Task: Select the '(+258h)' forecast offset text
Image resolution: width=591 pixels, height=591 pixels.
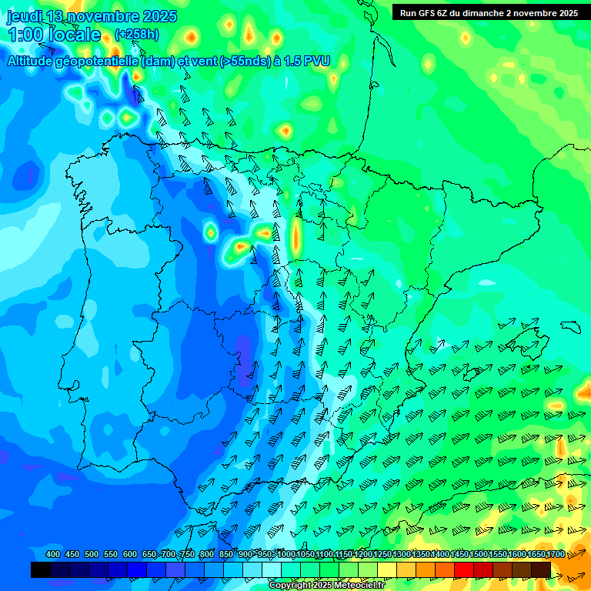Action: [x=136, y=35]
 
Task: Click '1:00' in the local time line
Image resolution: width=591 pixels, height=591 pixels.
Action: [x=25, y=35]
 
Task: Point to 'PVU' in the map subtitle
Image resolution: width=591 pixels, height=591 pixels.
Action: [x=316, y=61]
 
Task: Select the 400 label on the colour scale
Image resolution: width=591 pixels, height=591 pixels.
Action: [x=53, y=554]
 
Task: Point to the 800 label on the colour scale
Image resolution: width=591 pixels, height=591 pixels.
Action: [x=206, y=554]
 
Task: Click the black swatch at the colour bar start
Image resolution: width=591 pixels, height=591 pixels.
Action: [x=41, y=569]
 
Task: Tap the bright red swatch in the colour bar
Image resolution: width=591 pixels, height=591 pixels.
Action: [x=464, y=569]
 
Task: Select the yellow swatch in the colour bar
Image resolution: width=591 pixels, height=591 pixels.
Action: [x=387, y=569]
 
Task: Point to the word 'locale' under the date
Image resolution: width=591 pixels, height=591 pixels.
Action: [x=78, y=35]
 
